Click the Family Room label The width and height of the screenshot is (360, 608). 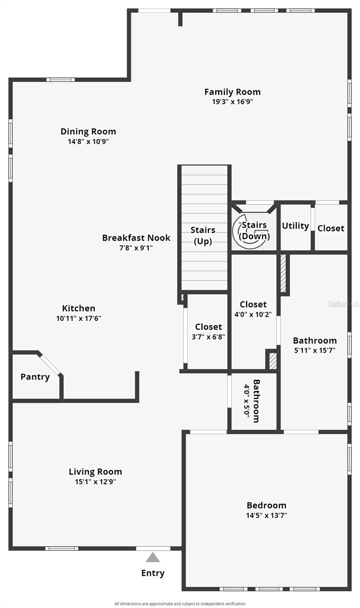click(232, 92)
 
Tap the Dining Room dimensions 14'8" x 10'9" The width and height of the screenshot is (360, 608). click(88, 141)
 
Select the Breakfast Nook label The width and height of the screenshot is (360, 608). click(136, 238)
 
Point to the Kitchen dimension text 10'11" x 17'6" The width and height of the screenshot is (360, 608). click(78, 318)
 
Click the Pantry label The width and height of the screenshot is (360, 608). click(35, 377)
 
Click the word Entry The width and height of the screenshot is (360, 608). click(153, 573)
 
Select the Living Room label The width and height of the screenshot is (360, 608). click(95, 472)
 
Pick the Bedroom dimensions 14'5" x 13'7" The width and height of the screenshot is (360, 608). click(266, 515)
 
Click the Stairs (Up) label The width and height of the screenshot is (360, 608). click(203, 236)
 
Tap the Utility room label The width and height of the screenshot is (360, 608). click(295, 226)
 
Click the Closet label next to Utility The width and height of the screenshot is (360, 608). click(331, 229)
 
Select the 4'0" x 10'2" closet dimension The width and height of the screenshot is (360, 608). click(253, 314)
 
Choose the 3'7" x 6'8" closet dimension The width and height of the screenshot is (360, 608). click(208, 337)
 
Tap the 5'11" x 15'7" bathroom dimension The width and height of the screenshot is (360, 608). click(315, 351)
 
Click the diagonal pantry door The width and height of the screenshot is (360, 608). click(50, 364)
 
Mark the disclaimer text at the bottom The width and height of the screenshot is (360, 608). click(180, 603)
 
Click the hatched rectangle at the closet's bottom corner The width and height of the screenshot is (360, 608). click(273, 361)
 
